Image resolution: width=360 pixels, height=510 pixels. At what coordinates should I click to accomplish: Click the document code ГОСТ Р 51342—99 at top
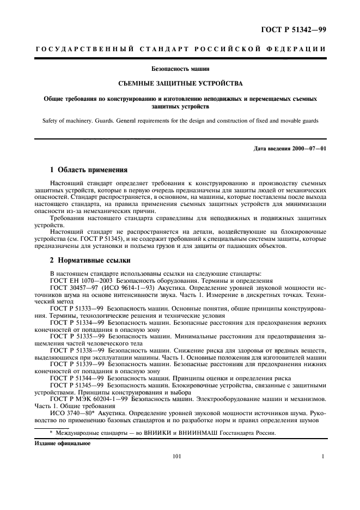point(294,29)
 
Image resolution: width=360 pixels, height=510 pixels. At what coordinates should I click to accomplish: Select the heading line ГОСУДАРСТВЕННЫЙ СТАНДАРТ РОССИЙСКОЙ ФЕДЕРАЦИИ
point(180,48)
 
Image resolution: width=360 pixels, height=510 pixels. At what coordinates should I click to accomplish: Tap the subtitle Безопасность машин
point(180,69)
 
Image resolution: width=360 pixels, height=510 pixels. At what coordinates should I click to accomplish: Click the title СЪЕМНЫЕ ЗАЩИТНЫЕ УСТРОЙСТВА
point(180,84)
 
